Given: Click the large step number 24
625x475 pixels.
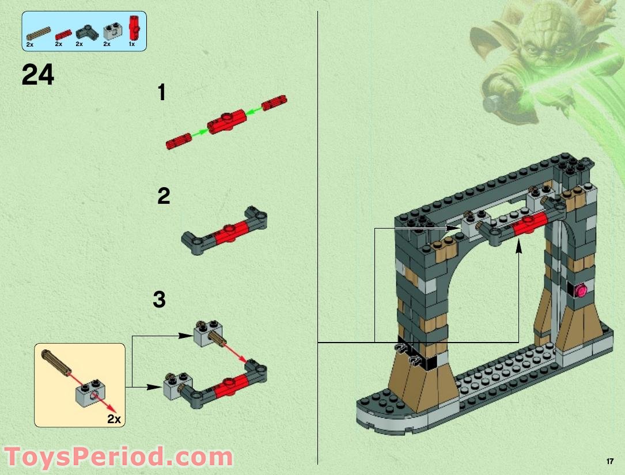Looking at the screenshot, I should click(38, 75).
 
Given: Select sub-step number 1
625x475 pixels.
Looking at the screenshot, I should click(162, 93).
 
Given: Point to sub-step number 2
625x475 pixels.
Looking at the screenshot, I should click(164, 196).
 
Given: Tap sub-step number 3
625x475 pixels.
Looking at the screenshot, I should click(160, 299).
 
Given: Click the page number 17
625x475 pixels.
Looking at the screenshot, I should click(610, 461).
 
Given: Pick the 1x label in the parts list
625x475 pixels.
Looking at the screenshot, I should click(132, 44).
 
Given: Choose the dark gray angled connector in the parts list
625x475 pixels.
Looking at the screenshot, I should click(86, 32).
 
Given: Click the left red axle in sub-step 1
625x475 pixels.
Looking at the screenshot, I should click(178, 140).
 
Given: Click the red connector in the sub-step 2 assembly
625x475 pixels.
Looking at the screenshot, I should click(229, 231).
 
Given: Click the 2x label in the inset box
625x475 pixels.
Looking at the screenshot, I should click(114, 419).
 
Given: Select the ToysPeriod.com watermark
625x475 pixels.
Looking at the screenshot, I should click(118, 458).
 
